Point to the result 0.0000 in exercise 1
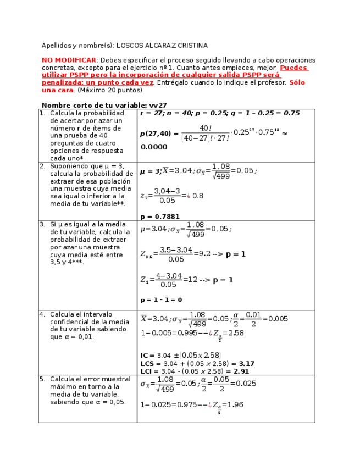tap(154, 147)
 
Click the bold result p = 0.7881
tap(160, 217)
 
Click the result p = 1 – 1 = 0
tap(161, 300)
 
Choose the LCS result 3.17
tap(247, 363)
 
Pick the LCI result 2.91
tap(241, 371)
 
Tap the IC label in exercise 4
tap(146, 356)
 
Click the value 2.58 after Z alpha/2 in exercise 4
tap(236, 333)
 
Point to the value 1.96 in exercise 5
tap(235, 405)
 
